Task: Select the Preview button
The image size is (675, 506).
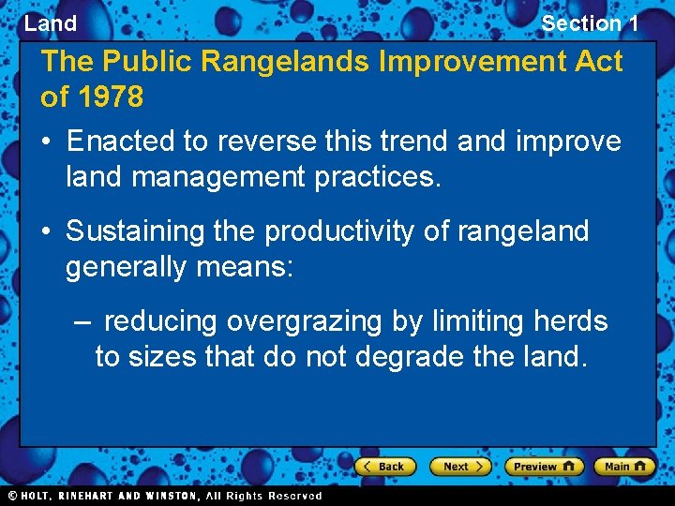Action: click(x=544, y=466)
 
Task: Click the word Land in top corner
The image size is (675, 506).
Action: click(x=51, y=23)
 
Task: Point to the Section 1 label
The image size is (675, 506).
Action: click(x=590, y=23)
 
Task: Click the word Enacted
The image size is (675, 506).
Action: click(x=121, y=141)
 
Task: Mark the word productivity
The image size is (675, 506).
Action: click(x=340, y=231)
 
